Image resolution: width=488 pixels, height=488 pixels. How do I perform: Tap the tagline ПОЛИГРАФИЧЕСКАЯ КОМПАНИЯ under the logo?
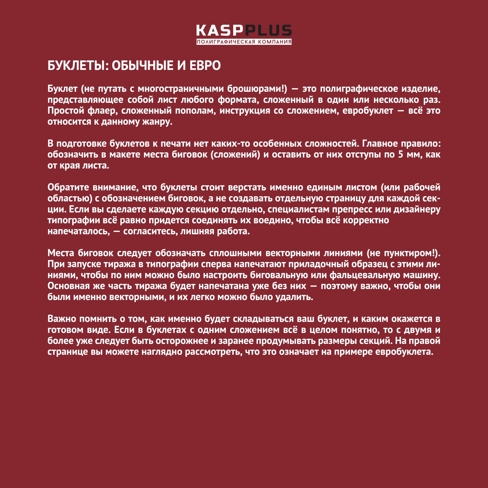click(x=244, y=42)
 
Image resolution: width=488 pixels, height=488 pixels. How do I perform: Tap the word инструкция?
click(x=245, y=111)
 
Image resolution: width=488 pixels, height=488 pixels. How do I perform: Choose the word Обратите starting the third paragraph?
click(x=68, y=187)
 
